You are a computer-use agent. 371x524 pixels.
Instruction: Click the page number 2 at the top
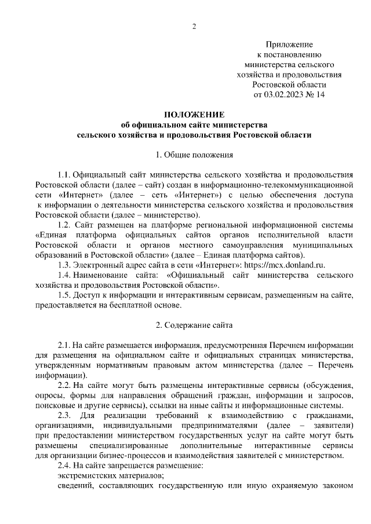click(195, 27)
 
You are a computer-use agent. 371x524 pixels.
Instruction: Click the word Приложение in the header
click(289, 45)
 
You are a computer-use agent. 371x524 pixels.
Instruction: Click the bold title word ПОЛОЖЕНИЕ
click(194, 115)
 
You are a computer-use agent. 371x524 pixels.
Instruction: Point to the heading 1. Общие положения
click(194, 155)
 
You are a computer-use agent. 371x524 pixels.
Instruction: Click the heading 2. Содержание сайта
click(194, 324)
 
